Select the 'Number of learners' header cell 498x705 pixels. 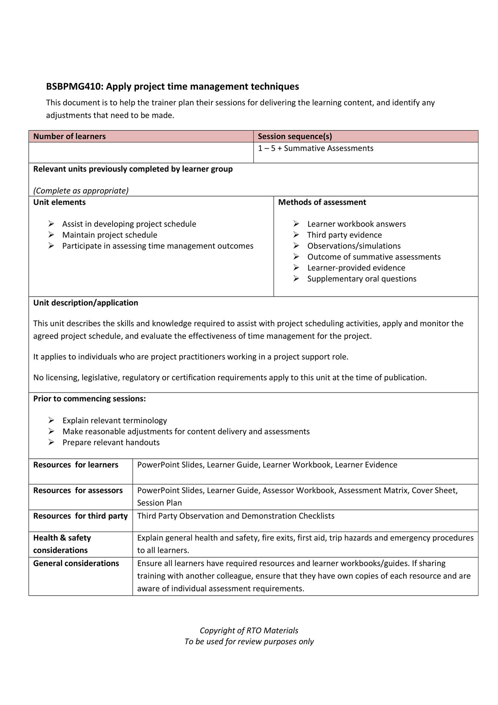(x=69, y=136)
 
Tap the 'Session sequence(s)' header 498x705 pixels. (x=294, y=136)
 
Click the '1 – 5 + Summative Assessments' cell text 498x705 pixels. (x=315, y=148)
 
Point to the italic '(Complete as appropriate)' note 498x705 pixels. (x=81, y=191)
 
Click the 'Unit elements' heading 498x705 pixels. (x=59, y=202)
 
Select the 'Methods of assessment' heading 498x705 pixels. (x=322, y=202)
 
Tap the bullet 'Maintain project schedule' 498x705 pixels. (x=110, y=235)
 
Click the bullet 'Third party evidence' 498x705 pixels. (x=344, y=235)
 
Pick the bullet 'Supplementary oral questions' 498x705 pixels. (x=361, y=279)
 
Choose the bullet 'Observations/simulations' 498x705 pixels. (x=354, y=246)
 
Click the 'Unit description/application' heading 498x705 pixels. (x=86, y=303)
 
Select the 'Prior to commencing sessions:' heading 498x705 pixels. (x=89, y=399)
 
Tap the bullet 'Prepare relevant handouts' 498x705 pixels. (x=111, y=443)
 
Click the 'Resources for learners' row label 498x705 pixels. (x=76, y=465)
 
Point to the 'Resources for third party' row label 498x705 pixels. (x=80, y=516)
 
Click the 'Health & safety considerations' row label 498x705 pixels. (x=62, y=544)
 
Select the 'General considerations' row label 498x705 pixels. (x=76, y=563)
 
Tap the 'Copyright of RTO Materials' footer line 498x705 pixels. (x=249, y=630)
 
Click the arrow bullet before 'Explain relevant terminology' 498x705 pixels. (x=51, y=420)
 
